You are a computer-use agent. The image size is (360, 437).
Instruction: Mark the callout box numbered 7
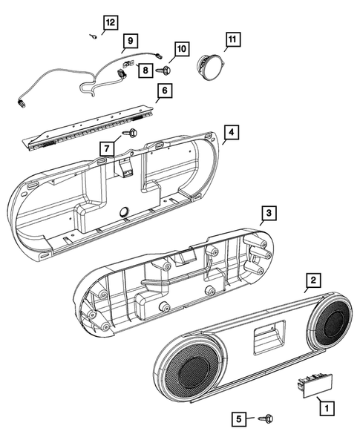[x=108, y=147]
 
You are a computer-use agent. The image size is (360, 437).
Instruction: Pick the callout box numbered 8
[x=143, y=70]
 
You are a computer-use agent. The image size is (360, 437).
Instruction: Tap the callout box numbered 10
[x=180, y=50]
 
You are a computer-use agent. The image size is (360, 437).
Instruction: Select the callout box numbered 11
[x=232, y=38]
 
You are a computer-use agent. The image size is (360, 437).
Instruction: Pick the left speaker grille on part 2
[x=191, y=373]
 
